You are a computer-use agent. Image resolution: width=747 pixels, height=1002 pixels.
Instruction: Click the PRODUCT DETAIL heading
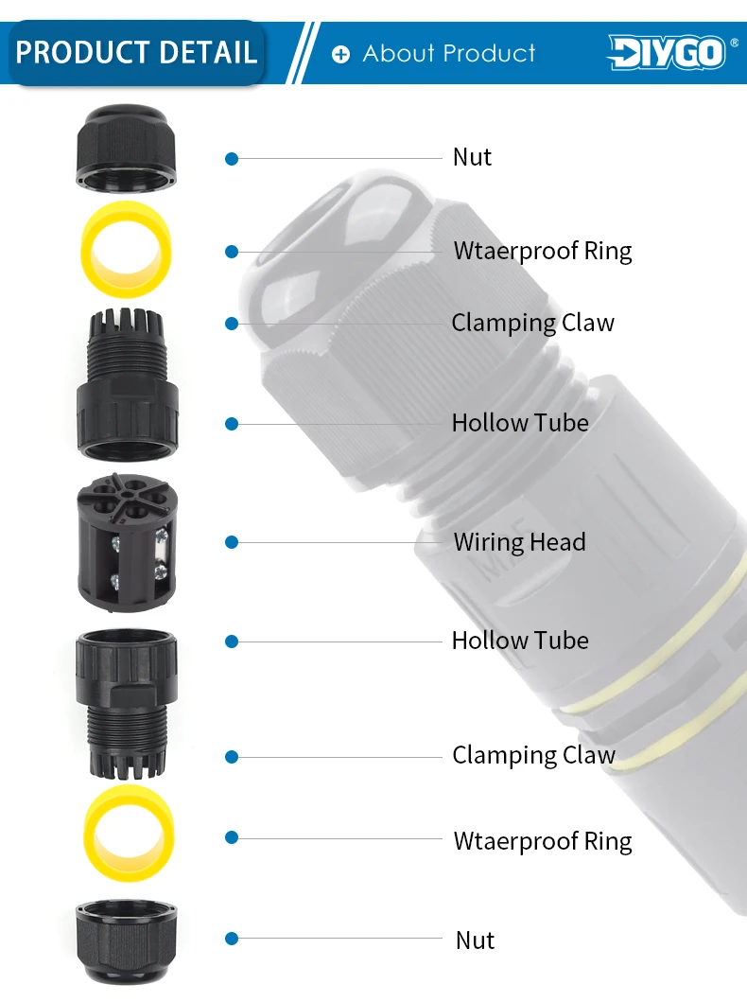(x=136, y=52)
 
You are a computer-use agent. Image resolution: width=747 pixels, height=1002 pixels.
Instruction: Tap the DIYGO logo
(x=666, y=52)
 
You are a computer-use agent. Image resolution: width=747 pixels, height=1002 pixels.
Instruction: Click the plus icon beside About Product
(x=340, y=54)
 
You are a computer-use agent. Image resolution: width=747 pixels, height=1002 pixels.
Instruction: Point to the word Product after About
(x=490, y=53)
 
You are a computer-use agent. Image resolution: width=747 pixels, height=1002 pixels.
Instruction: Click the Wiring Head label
(x=519, y=542)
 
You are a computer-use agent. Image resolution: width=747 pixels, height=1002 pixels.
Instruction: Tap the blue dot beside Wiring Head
(x=232, y=542)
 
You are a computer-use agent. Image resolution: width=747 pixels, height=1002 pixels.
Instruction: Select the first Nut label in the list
(x=472, y=157)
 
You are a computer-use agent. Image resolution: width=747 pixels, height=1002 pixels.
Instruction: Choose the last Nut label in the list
(x=475, y=940)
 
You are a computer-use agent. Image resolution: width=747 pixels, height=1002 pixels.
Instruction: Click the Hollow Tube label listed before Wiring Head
(x=520, y=423)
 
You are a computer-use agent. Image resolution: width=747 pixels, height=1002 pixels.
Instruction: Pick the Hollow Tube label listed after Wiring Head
(x=520, y=641)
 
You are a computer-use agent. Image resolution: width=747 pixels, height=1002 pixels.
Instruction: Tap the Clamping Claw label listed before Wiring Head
(x=532, y=323)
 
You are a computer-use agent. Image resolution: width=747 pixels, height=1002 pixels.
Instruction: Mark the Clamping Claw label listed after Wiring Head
(x=533, y=755)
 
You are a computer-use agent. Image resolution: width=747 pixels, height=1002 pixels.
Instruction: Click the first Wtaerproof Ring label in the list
(x=542, y=251)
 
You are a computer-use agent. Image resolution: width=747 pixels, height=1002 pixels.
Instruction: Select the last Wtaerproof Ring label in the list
(x=542, y=841)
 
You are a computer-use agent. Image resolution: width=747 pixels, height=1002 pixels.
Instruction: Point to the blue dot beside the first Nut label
(x=232, y=158)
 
